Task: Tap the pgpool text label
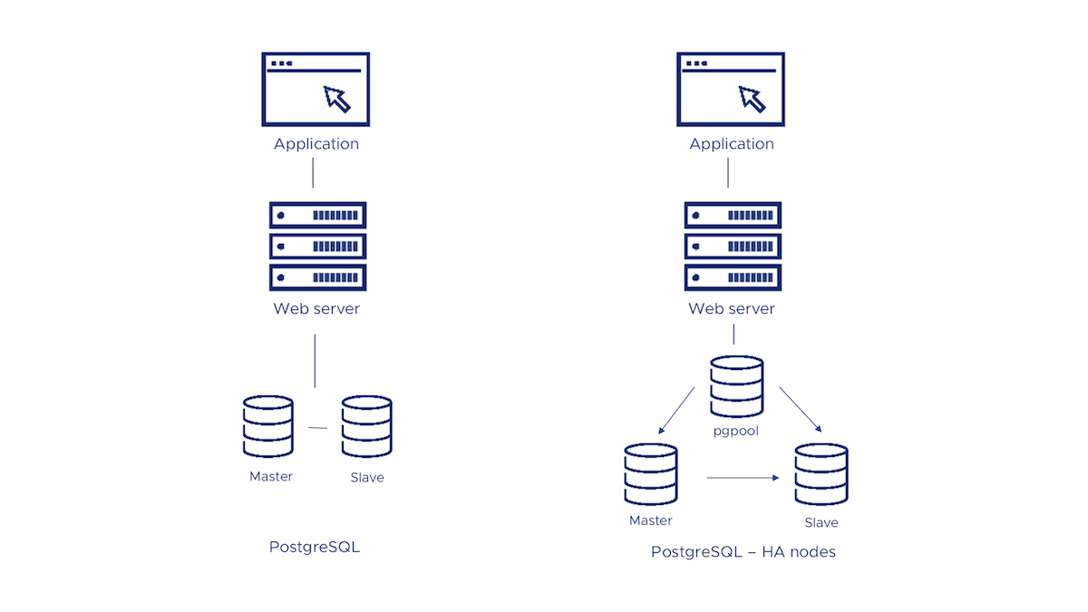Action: (x=736, y=431)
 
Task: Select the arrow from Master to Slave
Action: (x=743, y=477)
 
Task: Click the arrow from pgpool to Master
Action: (x=676, y=410)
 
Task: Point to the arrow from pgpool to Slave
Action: (x=800, y=410)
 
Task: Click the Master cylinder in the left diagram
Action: (x=268, y=427)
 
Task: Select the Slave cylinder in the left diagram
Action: (x=366, y=427)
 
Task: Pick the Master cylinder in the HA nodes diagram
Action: (x=651, y=474)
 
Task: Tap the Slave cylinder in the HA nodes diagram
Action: (x=821, y=474)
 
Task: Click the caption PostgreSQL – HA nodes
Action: (x=743, y=551)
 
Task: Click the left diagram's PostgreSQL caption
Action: (x=315, y=547)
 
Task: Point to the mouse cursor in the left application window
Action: (x=337, y=98)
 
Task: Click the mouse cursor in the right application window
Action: (x=753, y=98)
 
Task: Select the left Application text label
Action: (x=316, y=143)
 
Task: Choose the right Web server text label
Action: (x=732, y=308)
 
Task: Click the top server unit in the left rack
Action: (x=317, y=215)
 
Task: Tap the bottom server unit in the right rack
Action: (x=733, y=277)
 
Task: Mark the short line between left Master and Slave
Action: (x=317, y=427)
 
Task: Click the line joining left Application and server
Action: (x=314, y=172)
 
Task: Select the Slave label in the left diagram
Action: (x=367, y=477)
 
